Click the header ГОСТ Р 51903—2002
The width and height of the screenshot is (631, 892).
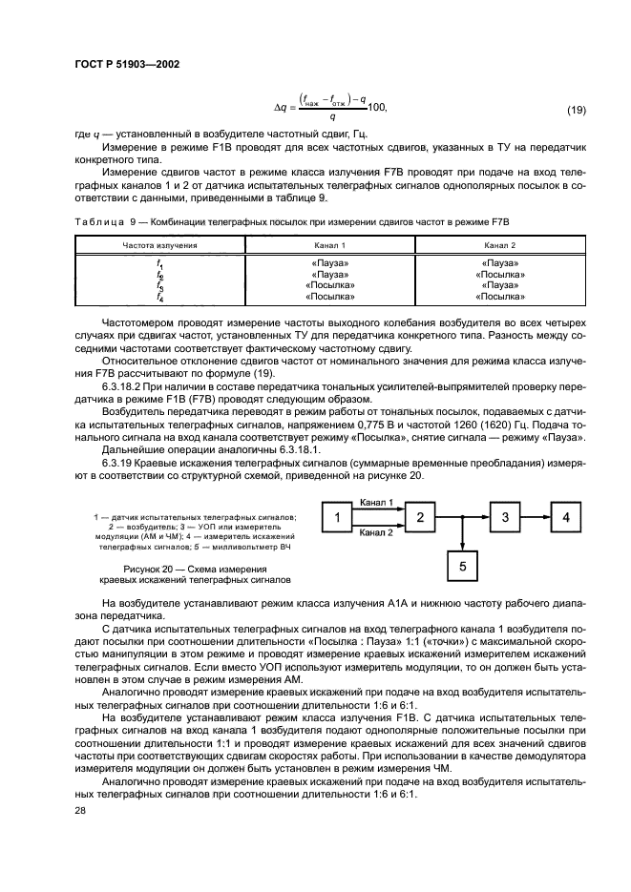pyautogui.click(x=127, y=64)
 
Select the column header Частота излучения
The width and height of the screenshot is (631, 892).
pyautogui.click(x=159, y=246)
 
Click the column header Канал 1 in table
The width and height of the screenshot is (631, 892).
pyautogui.click(x=329, y=246)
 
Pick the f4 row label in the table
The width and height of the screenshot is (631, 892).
pyautogui.click(x=159, y=297)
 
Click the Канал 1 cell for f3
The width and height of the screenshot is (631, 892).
pyautogui.click(x=329, y=285)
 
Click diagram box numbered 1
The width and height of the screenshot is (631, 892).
pyautogui.click(x=336, y=518)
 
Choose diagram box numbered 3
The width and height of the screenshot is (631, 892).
pyautogui.click(x=507, y=518)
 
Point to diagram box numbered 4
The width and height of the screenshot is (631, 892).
pyautogui.click(x=566, y=518)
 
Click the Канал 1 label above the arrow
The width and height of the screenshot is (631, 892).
pyautogui.click(x=377, y=502)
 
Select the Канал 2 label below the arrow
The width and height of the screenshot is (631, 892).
pyautogui.click(x=377, y=533)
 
